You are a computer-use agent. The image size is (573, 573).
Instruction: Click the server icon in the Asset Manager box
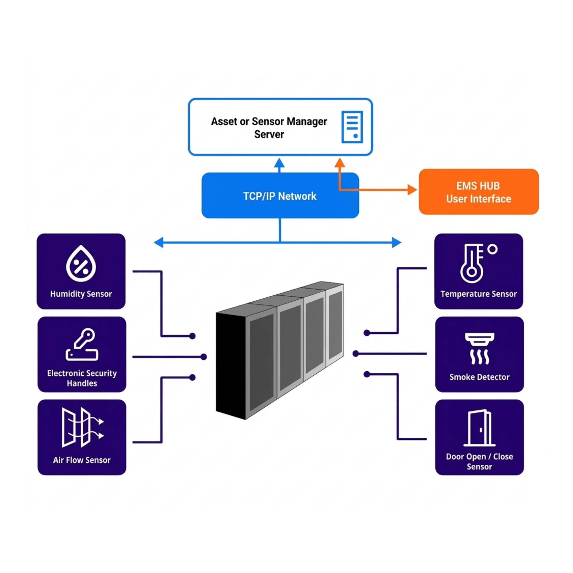(x=352, y=127)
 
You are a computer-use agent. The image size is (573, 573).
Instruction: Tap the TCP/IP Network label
(x=280, y=196)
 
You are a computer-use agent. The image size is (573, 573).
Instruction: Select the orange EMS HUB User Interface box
(x=478, y=192)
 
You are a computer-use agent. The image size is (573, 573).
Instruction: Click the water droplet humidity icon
(x=81, y=263)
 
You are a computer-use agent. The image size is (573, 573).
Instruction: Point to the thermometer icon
(x=473, y=263)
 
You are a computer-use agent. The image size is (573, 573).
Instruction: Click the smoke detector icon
(x=479, y=348)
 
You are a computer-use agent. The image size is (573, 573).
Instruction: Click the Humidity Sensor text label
(x=81, y=294)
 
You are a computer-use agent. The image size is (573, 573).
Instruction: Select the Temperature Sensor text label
(x=478, y=294)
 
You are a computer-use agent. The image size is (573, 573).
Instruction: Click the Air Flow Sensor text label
(x=82, y=460)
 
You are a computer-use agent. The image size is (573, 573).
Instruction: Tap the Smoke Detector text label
(x=479, y=377)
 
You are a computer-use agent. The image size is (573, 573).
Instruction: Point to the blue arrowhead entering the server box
(x=279, y=163)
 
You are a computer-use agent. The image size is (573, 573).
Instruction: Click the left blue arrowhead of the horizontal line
(x=159, y=242)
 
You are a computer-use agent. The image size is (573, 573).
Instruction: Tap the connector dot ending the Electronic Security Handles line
(x=203, y=357)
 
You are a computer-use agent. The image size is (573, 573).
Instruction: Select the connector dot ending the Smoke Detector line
(x=356, y=354)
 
